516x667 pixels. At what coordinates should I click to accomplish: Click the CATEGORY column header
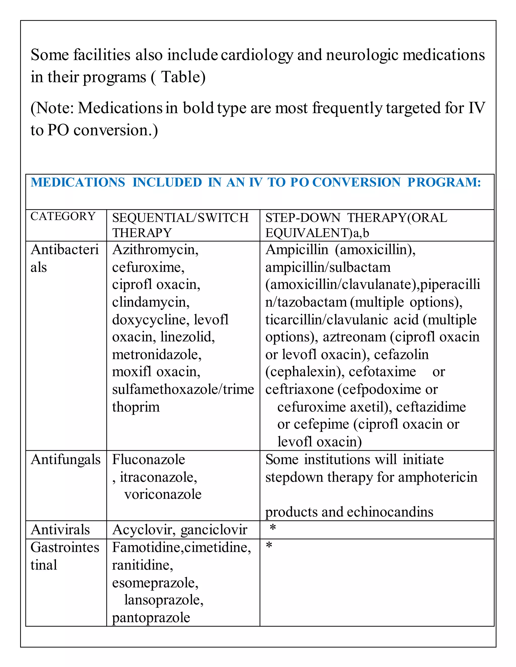63,216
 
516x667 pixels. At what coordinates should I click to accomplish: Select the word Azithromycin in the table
155,250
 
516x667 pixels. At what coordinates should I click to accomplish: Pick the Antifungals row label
66,460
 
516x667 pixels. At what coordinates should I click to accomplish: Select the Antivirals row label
60,530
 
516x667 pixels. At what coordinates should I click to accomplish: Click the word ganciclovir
214,530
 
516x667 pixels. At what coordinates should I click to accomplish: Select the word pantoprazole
151,617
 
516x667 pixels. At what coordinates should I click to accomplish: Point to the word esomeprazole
155,583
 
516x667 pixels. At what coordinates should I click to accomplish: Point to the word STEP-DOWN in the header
303,218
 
